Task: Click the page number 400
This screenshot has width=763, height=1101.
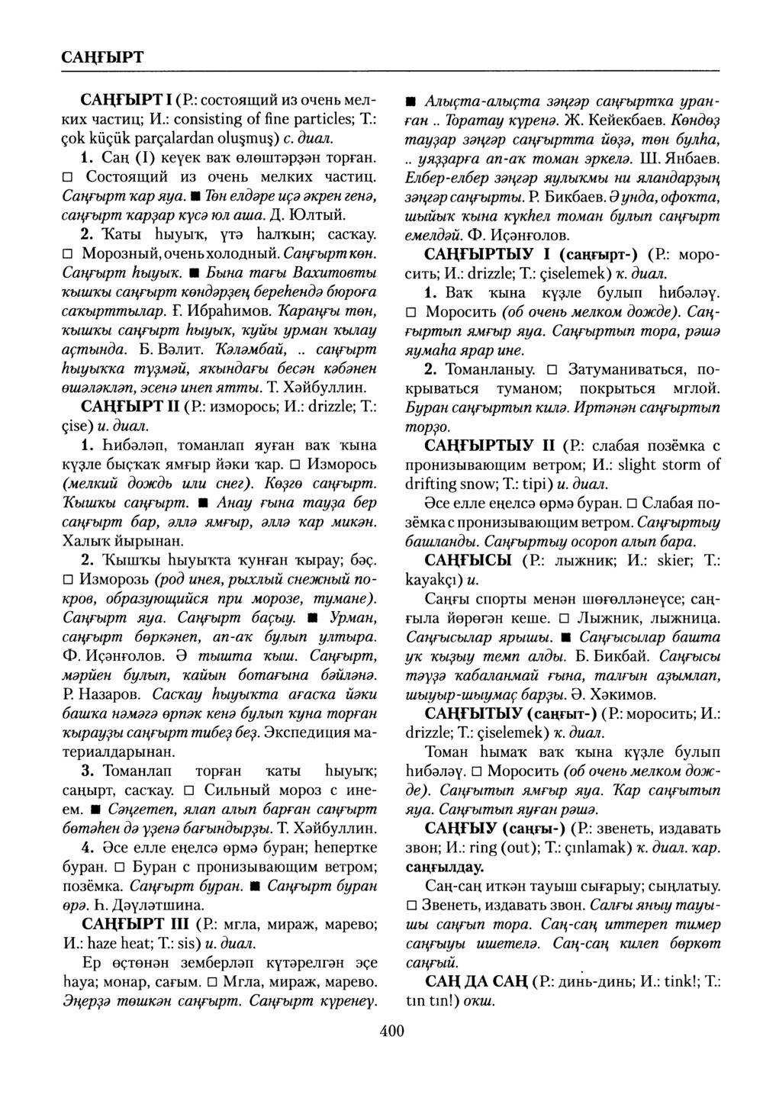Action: [x=391, y=1032]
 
